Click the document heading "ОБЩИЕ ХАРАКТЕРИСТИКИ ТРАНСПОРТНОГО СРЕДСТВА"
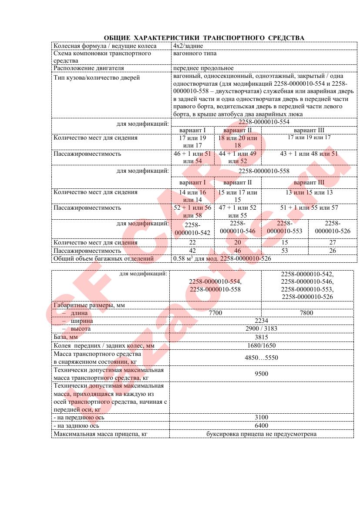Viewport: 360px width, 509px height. pyautogui.click(x=204, y=38)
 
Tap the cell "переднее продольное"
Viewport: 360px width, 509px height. pyautogui.click(x=203, y=68)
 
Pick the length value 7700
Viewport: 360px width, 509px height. pyautogui.click(x=215, y=313)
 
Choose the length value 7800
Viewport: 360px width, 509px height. pyautogui.click(x=307, y=313)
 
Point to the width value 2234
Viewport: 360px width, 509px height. pyautogui.click(x=261, y=321)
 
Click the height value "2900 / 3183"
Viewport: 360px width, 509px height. pyautogui.click(x=261, y=329)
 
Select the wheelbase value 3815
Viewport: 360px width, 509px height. pyautogui.click(x=261, y=337)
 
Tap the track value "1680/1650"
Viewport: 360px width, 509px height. pyautogui.click(x=261, y=345)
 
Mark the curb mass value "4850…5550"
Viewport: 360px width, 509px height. pyautogui.click(x=261, y=358)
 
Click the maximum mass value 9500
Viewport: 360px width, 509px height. pyautogui.click(x=261, y=374)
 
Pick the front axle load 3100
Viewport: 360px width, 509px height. pyautogui.click(x=261, y=418)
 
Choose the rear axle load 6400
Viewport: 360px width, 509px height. pyautogui.click(x=261, y=426)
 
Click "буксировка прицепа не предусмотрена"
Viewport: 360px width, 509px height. pyautogui.click(x=261, y=434)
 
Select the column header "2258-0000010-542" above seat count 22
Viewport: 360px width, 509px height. pyautogui.click(x=192, y=229)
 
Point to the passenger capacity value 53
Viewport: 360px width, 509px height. pyautogui.click(x=285, y=251)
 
